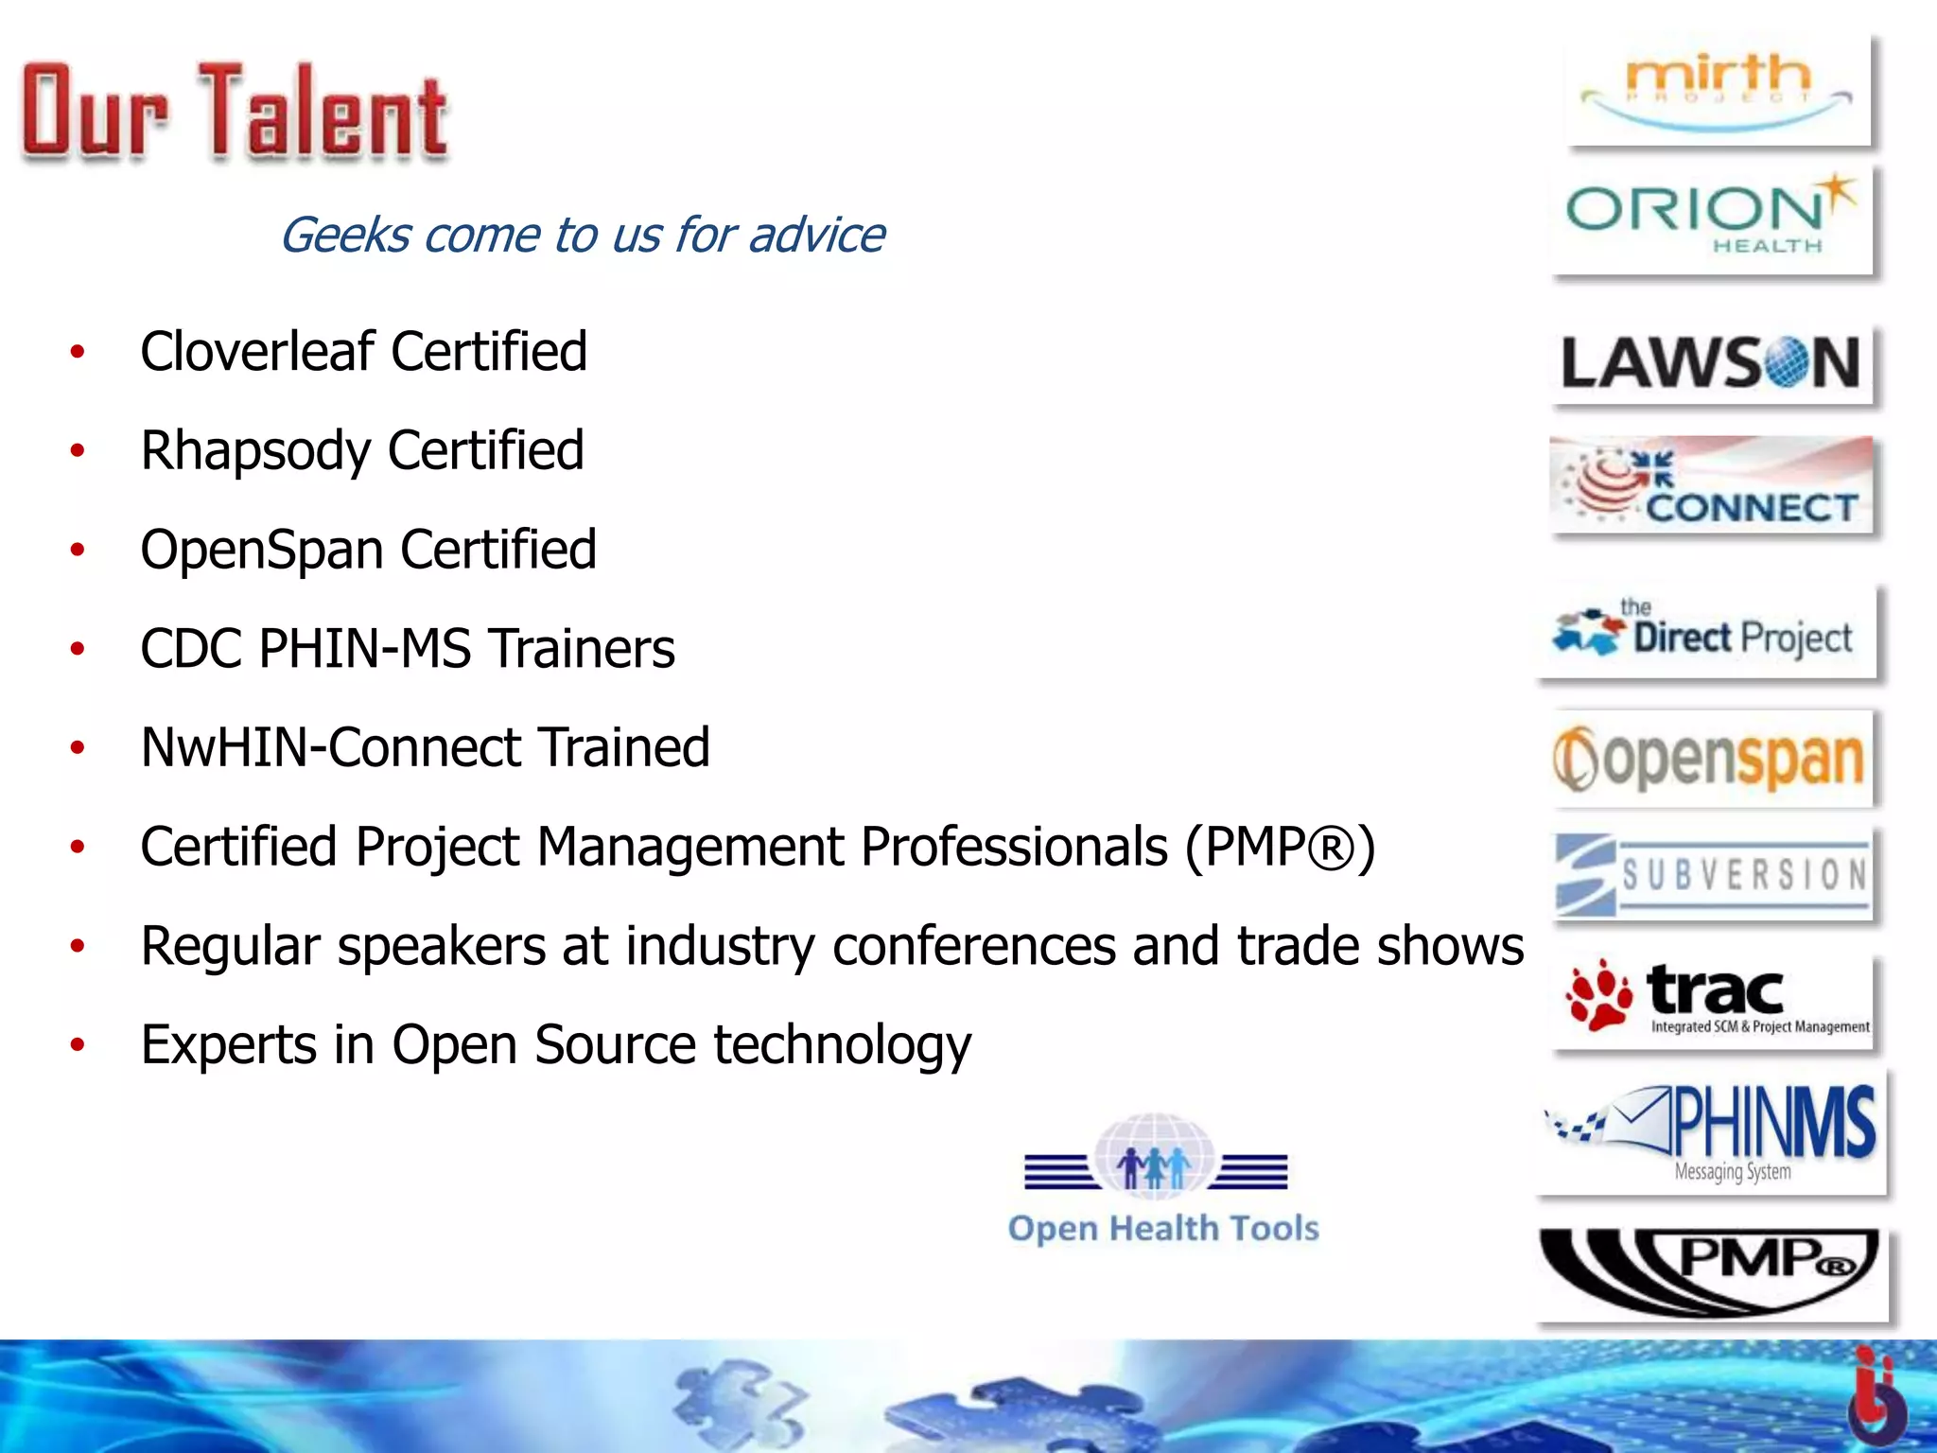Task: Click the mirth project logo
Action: pyautogui.click(x=1718, y=92)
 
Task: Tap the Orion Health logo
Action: pyautogui.click(x=1712, y=218)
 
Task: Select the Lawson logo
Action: pyautogui.click(x=1712, y=363)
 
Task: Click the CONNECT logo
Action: pyautogui.click(x=1712, y=484)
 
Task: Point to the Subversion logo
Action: pyautogui.click(x=1712, y=874)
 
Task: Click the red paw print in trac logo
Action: pyautogui.click(x=1597, y=995)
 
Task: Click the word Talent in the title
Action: pyautogui.click(x=322, y=114)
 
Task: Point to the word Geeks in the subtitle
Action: pyautogui.click(x=345, y=235)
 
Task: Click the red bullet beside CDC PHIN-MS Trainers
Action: pyautogui.click(x=78, y=649)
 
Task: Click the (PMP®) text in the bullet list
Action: pyautogui.click(x=1279, y=847)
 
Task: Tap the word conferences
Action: pyautogui.click(x=974, y=946)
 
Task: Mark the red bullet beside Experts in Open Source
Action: pyautogui.click(x=78, y=1045)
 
